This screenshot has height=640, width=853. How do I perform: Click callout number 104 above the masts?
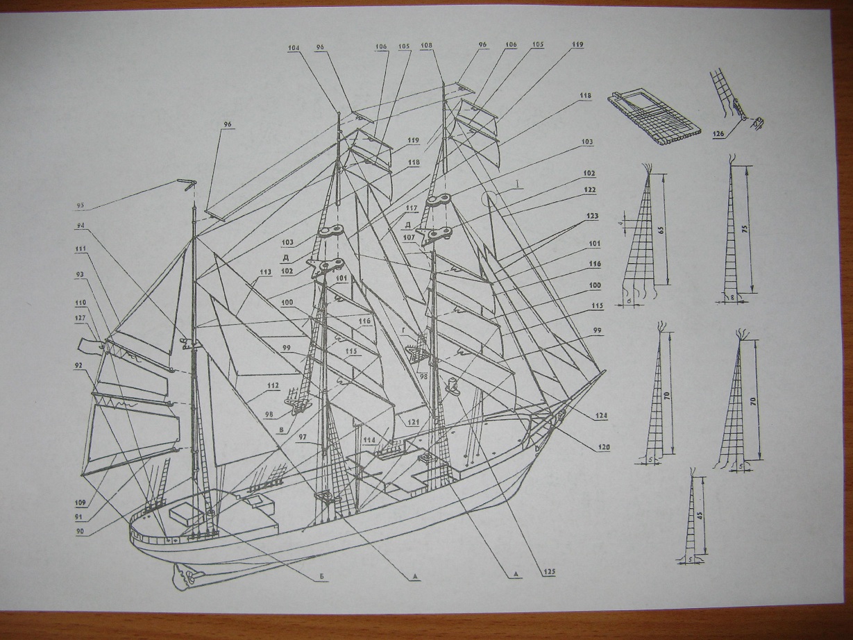(x=294, y=49)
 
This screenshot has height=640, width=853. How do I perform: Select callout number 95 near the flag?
(x=80, y=205)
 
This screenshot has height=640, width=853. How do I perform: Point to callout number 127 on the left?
(x=81, y=318)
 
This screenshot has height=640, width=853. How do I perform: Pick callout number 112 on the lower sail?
(x=272, y=386)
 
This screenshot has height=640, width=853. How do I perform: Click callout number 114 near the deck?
(x=368, y=440)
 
